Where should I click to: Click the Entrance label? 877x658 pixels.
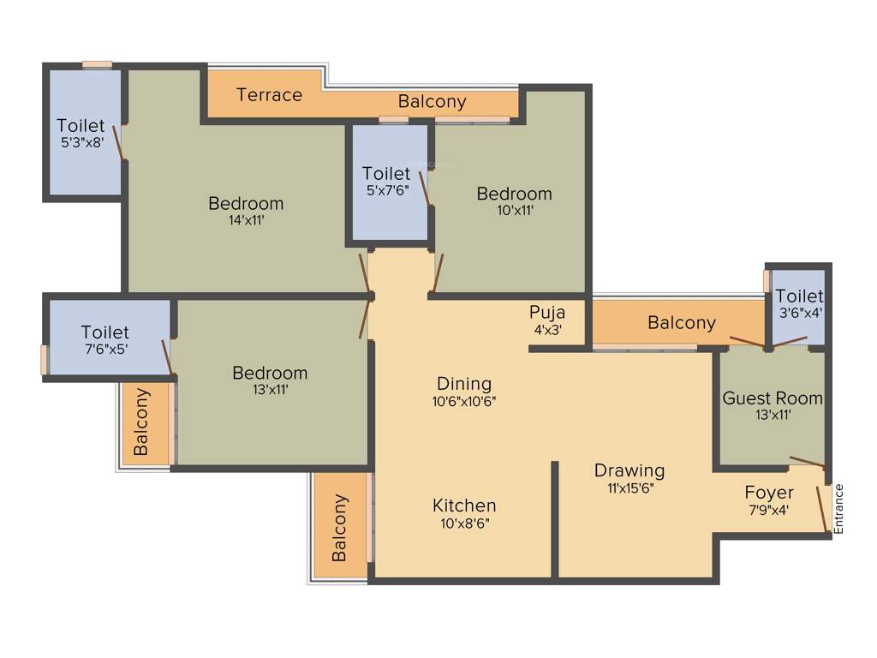click(x=839, y=509)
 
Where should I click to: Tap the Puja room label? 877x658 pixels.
click(x=547, y=312)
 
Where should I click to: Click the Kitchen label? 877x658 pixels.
click(x=464, y=505)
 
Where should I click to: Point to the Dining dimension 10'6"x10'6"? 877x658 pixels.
click(x=464, y=400)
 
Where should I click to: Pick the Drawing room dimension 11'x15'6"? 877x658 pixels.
click(x=629, y=488)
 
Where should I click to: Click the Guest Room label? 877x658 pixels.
click(x=773, y=398)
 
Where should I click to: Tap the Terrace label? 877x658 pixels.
click(x=269, y=94)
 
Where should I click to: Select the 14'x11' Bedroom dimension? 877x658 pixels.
click(x=246, y=220)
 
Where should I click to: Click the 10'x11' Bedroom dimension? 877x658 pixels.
click(x=514, y=210)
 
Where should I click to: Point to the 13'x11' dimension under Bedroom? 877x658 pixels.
click(x=270, y=390)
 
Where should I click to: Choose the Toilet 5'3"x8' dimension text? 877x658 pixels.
click(x=81, y=143)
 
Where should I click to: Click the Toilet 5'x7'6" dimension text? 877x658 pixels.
click(x=385, y=190)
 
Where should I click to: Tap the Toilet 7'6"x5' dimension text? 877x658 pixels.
click(x=104, y=349)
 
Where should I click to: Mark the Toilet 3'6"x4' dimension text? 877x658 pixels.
click(x=799, y=313)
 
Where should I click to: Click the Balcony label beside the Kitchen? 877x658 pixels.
click(x=340, y=527)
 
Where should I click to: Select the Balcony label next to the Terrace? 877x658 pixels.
click(x=433, y=101)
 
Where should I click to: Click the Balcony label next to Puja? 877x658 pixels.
click(x=681, y=323)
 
